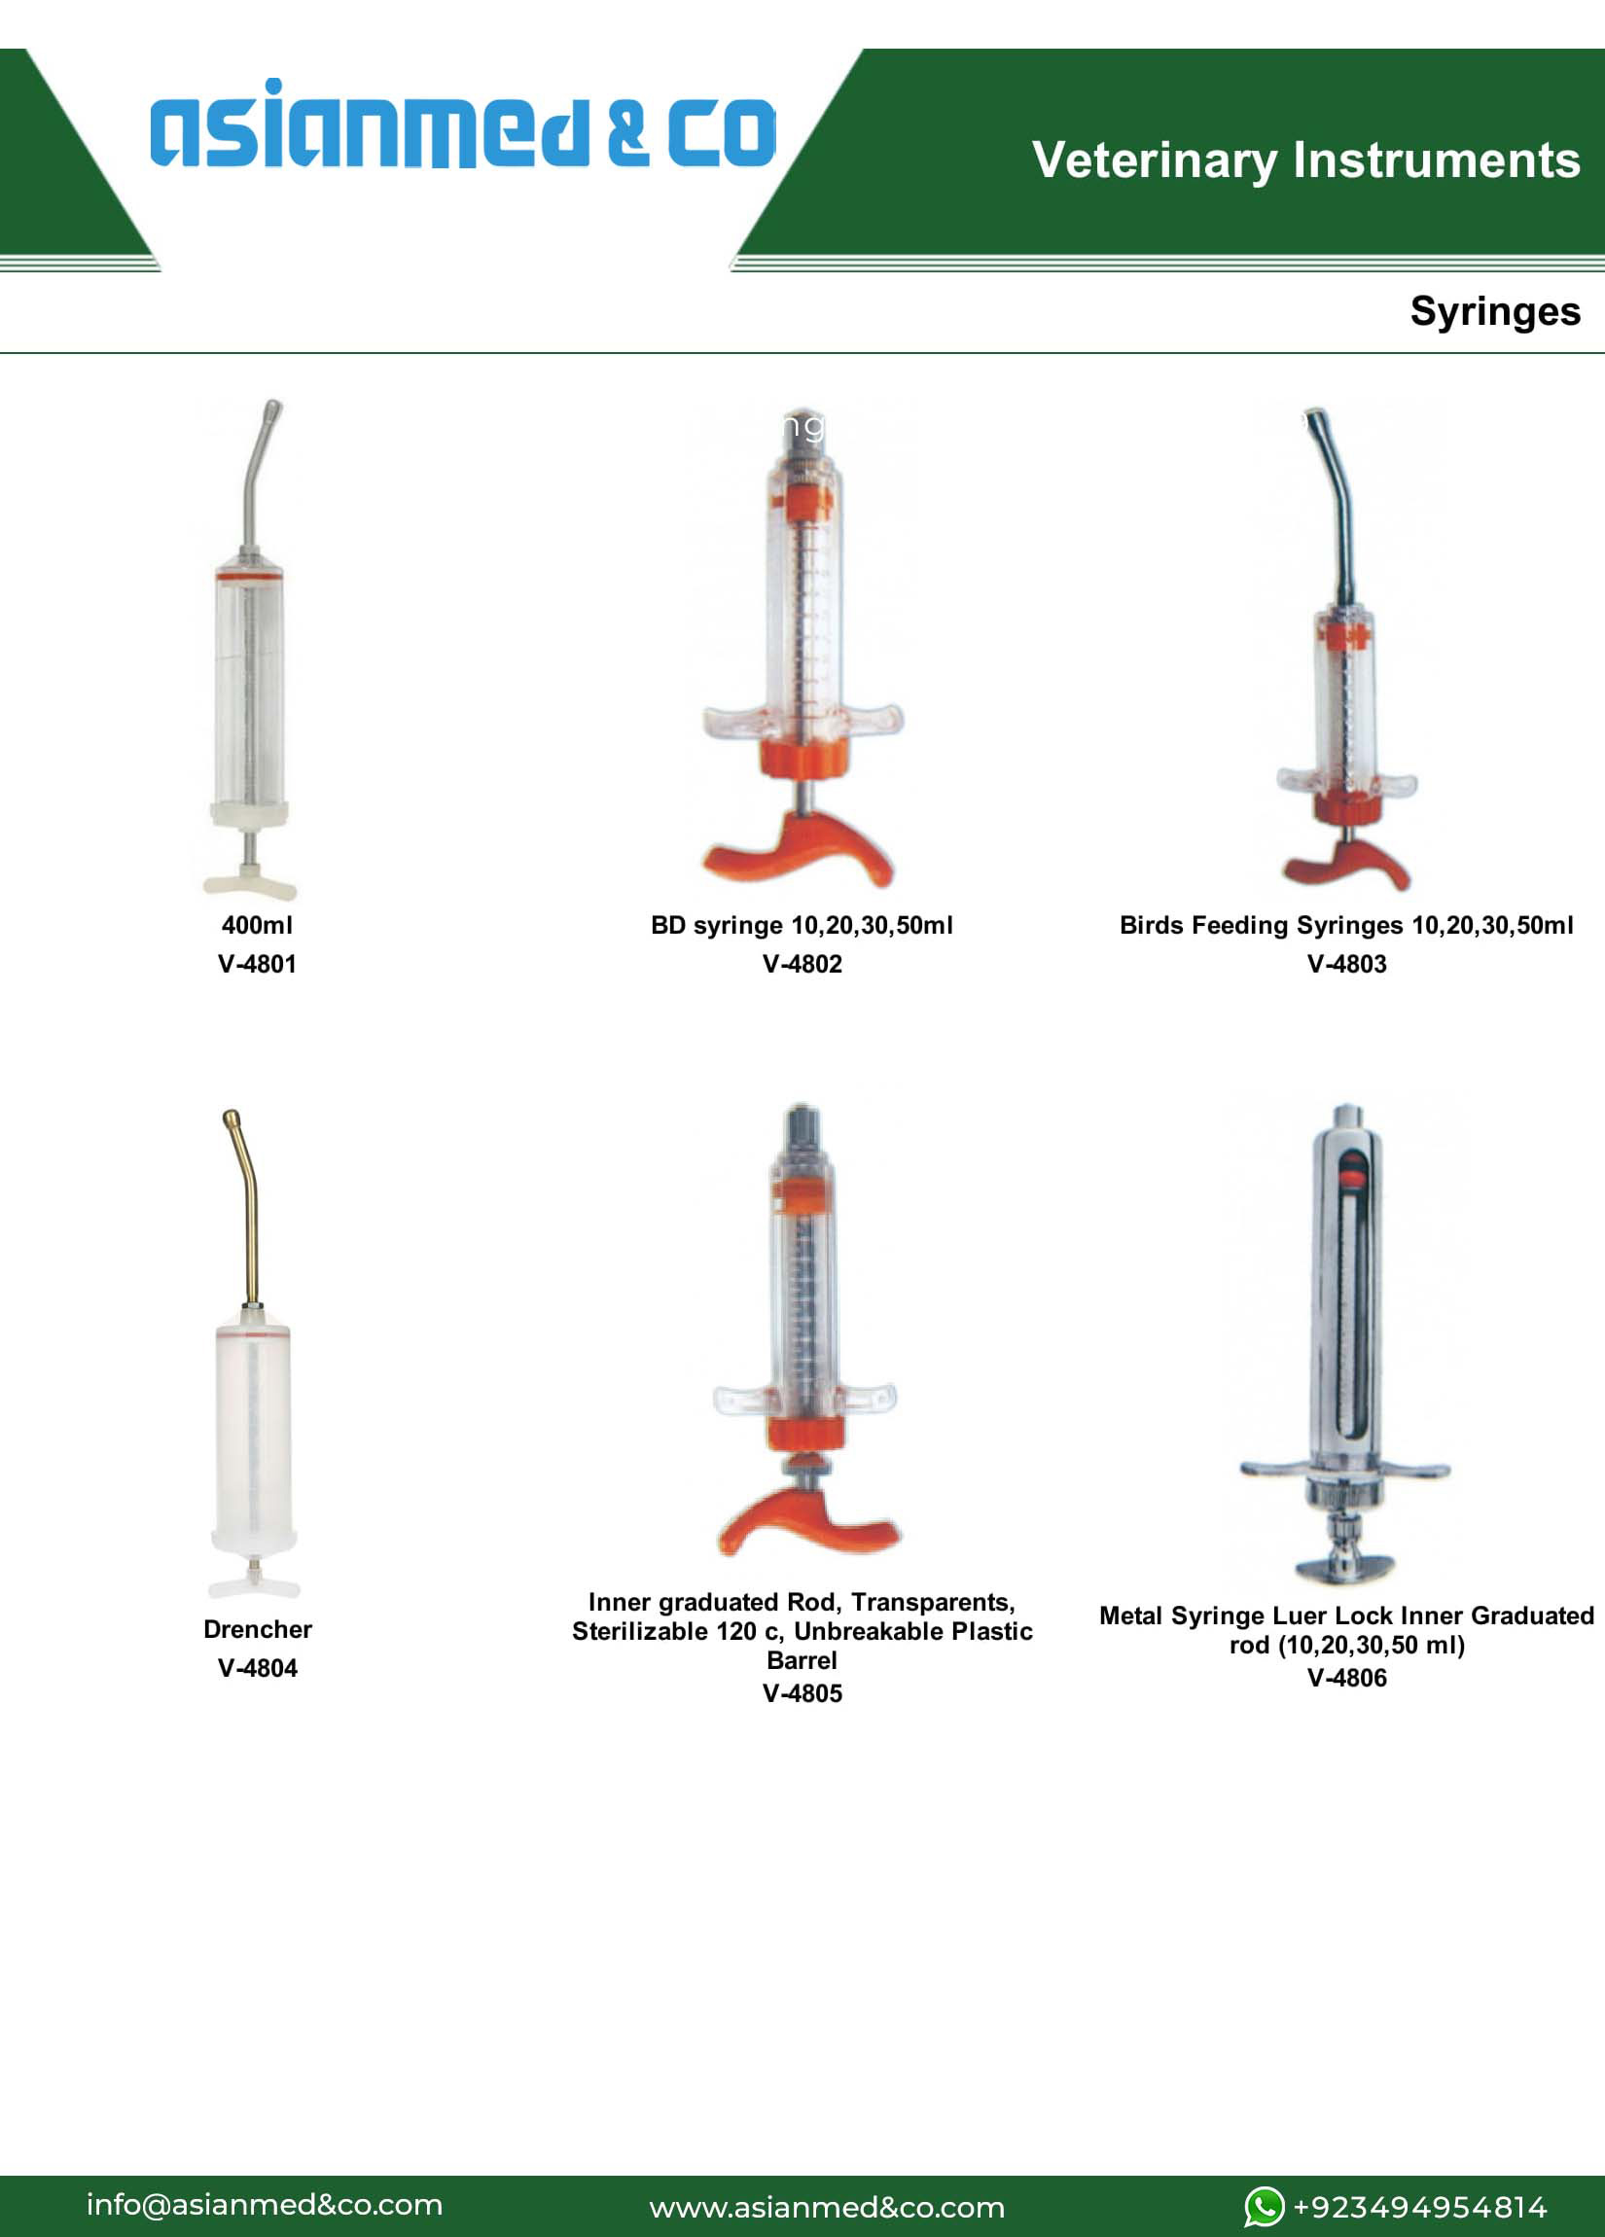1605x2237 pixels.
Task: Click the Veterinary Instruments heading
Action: point(1306,160)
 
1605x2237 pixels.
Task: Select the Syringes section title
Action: point(1494,311)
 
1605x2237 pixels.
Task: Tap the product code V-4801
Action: point(258,964)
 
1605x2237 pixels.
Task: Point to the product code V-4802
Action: point(802,964)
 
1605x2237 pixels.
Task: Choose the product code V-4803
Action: point(1346,964)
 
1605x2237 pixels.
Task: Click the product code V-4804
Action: point(258,1668)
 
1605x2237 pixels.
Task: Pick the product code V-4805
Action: point(802,1693)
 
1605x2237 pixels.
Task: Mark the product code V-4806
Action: point(1346,1678)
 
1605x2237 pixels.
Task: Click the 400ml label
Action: point(258,925)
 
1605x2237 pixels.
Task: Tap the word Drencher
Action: point(258,1629)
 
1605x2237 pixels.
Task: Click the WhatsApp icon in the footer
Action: point(1265,2207)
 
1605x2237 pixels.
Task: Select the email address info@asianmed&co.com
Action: point(265,2206)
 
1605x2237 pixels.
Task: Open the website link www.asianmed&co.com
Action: point(827,2208)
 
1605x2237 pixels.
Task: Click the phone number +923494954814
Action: point(1419,2208)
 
